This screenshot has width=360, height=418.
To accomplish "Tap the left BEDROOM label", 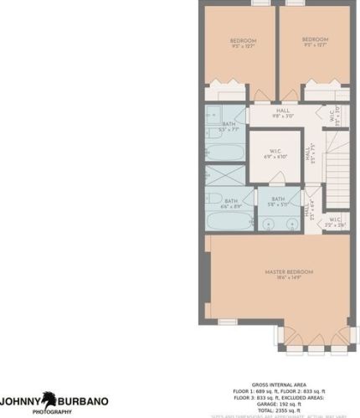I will tap(244, 40).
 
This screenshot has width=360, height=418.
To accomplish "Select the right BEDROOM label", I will tap(314, 39).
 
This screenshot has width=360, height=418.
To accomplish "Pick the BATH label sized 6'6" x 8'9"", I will tap(229, 202).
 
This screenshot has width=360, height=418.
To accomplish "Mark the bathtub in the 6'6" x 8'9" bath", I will tap(229, 222).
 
